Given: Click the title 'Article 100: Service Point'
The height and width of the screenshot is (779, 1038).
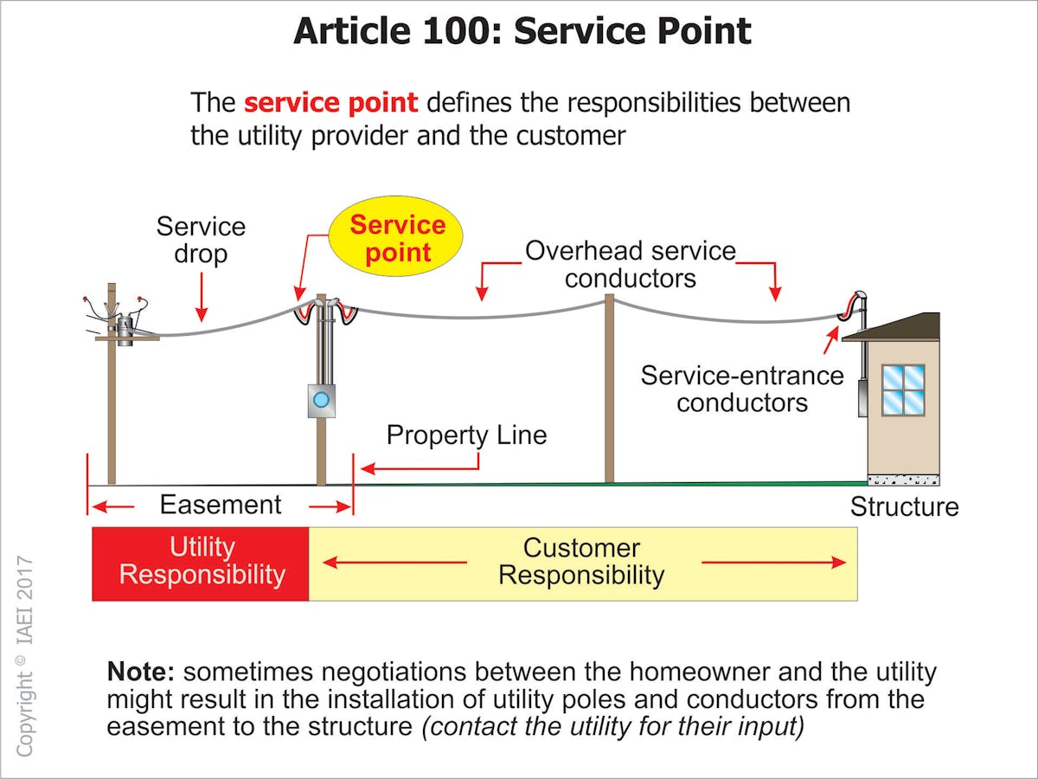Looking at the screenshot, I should (522, 32).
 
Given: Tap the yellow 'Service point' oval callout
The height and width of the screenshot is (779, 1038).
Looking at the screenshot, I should (397, 238).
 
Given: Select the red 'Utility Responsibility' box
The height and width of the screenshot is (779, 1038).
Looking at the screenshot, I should (201, 563).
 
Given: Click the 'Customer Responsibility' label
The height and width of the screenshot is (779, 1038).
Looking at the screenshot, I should (581, 562).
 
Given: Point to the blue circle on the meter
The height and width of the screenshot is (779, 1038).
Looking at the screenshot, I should (321, 400).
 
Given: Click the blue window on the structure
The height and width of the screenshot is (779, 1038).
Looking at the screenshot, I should (903, 389).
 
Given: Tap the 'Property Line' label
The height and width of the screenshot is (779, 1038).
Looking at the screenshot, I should (466, 435).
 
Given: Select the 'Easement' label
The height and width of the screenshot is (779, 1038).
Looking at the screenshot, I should (221, 505).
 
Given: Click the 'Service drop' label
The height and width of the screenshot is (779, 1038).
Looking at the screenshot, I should (201, 241).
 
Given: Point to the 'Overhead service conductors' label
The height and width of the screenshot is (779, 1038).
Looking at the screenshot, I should (630, 264).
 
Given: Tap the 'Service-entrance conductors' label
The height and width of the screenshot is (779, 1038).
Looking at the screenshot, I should (741, 389).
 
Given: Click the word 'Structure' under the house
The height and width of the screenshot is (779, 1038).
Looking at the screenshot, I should (904, 507).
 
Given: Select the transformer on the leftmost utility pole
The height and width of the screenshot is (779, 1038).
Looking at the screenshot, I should (125, 328).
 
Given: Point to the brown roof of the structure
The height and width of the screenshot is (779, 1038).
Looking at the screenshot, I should (895, 327).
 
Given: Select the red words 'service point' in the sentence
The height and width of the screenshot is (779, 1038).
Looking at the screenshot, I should (330, 103).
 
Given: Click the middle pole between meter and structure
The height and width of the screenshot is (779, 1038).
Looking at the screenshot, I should (609, 389).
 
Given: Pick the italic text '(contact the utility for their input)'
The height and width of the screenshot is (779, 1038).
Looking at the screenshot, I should (612, 726).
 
